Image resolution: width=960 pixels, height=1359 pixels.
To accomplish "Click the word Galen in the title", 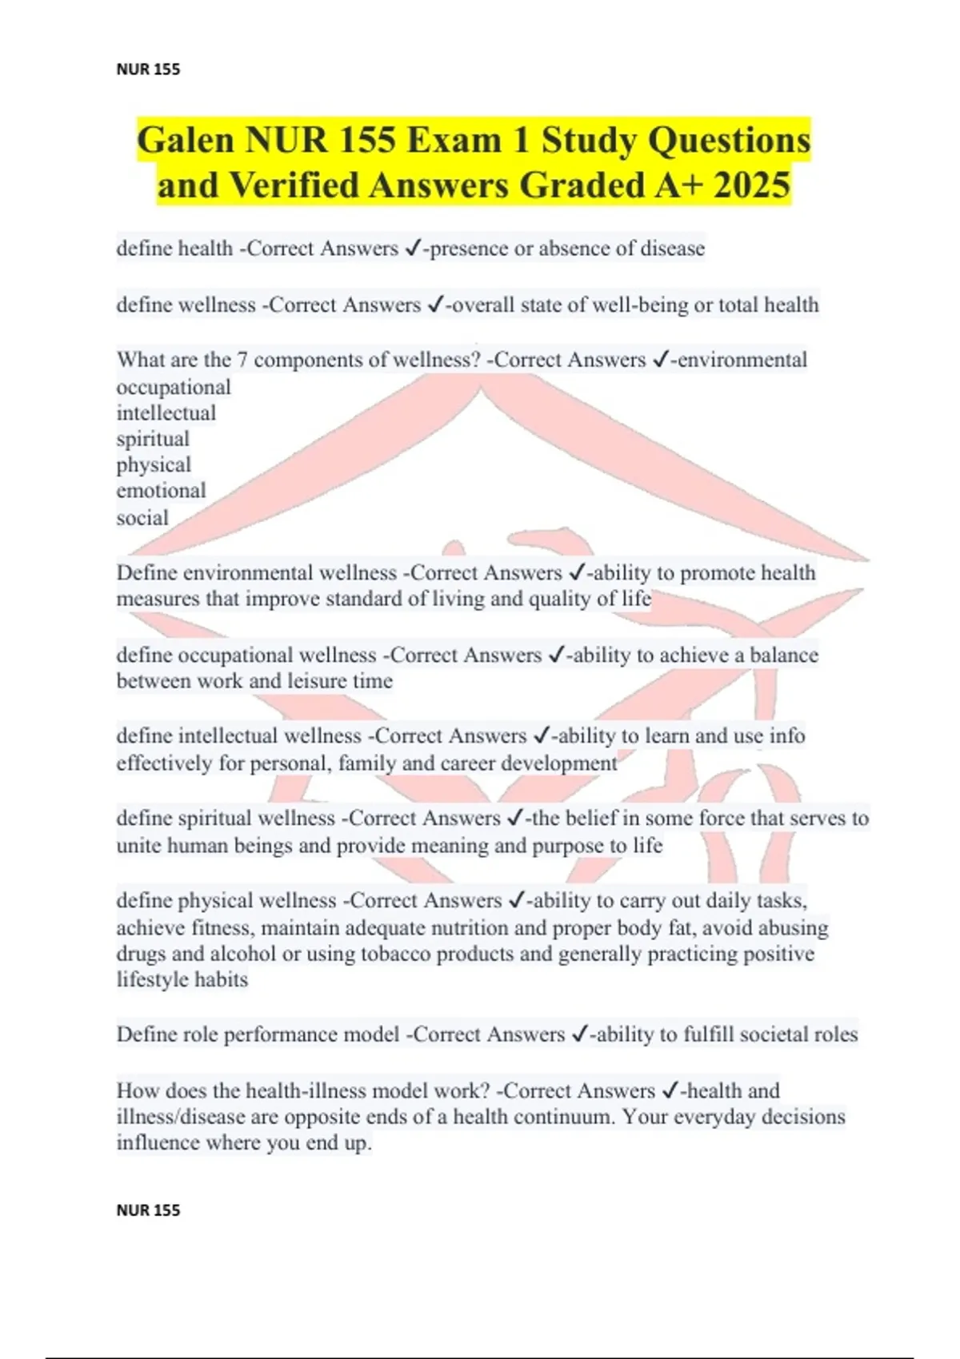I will pyautogui.click(x=186, y=141).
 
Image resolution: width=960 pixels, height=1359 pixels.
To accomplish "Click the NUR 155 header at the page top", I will pyautogui.click(x=148, y=70).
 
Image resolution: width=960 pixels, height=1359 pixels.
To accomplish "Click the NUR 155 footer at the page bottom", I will pyautogui.click(x=148, y=1210).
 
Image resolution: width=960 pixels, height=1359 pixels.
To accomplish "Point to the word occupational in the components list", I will pyautogui.click(x=174, y=387).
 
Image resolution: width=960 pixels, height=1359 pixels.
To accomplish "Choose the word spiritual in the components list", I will pyautogui.click(x=153, y=439).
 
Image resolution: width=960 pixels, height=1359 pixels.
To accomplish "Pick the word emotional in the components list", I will pyautogui.click(x=161, y=490).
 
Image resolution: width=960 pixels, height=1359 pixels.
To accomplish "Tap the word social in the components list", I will pyautogui.click(x=142, y=518).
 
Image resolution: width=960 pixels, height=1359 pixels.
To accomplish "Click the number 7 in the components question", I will pyautogui.click(x=242, y=360).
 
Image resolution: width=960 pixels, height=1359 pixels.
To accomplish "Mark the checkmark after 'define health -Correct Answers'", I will pyautogui.click(x=413, y=249).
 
